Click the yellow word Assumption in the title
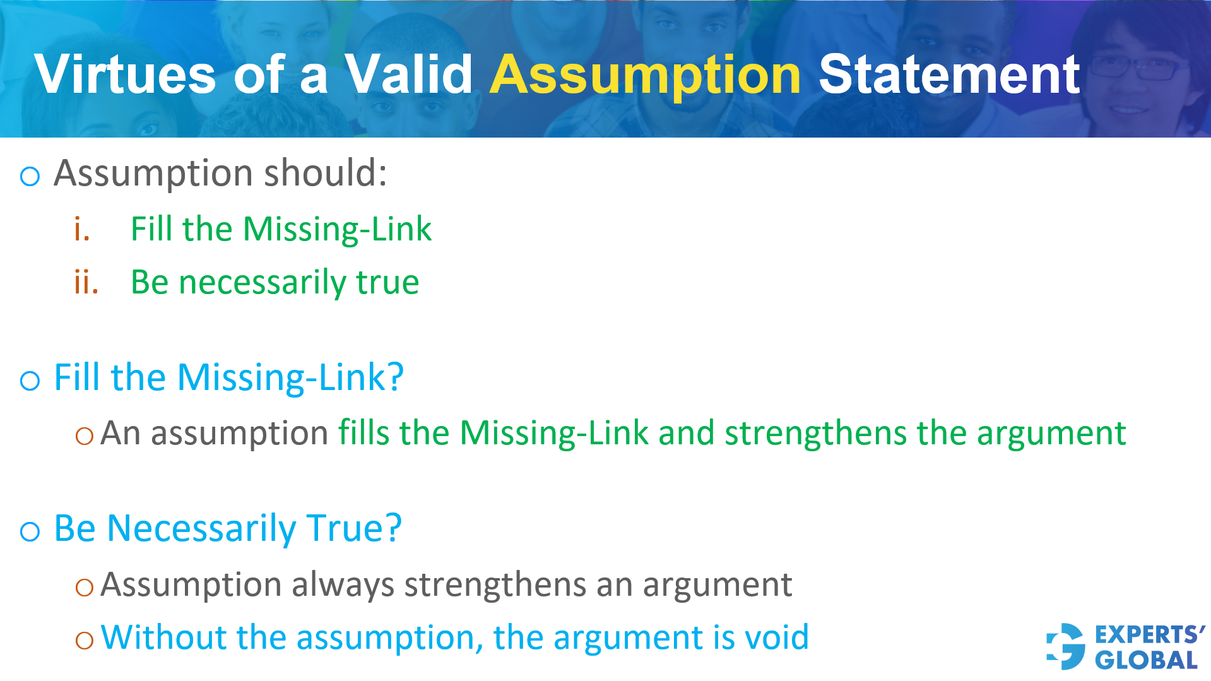pyautogui.click(x=645, y=76)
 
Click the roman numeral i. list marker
pyautogui.click(x=81, y=228)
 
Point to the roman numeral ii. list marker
pyautogui.click(x=86, y=281)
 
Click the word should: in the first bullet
pyautogui.click(x=325, y=173)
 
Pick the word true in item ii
pyautogui.click(x=387, y=282)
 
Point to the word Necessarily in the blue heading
pyautogui.click(x=201, y=528)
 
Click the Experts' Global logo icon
pyautogui.click(x=1066, y=646)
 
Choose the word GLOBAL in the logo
pyautogui.click(x=1146, y=660)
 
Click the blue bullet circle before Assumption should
pyautogui.click(x=30, y=176)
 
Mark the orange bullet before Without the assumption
pyautogui.click(x=84, y=640)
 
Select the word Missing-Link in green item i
pyautogui.click(x=337, y=228)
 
